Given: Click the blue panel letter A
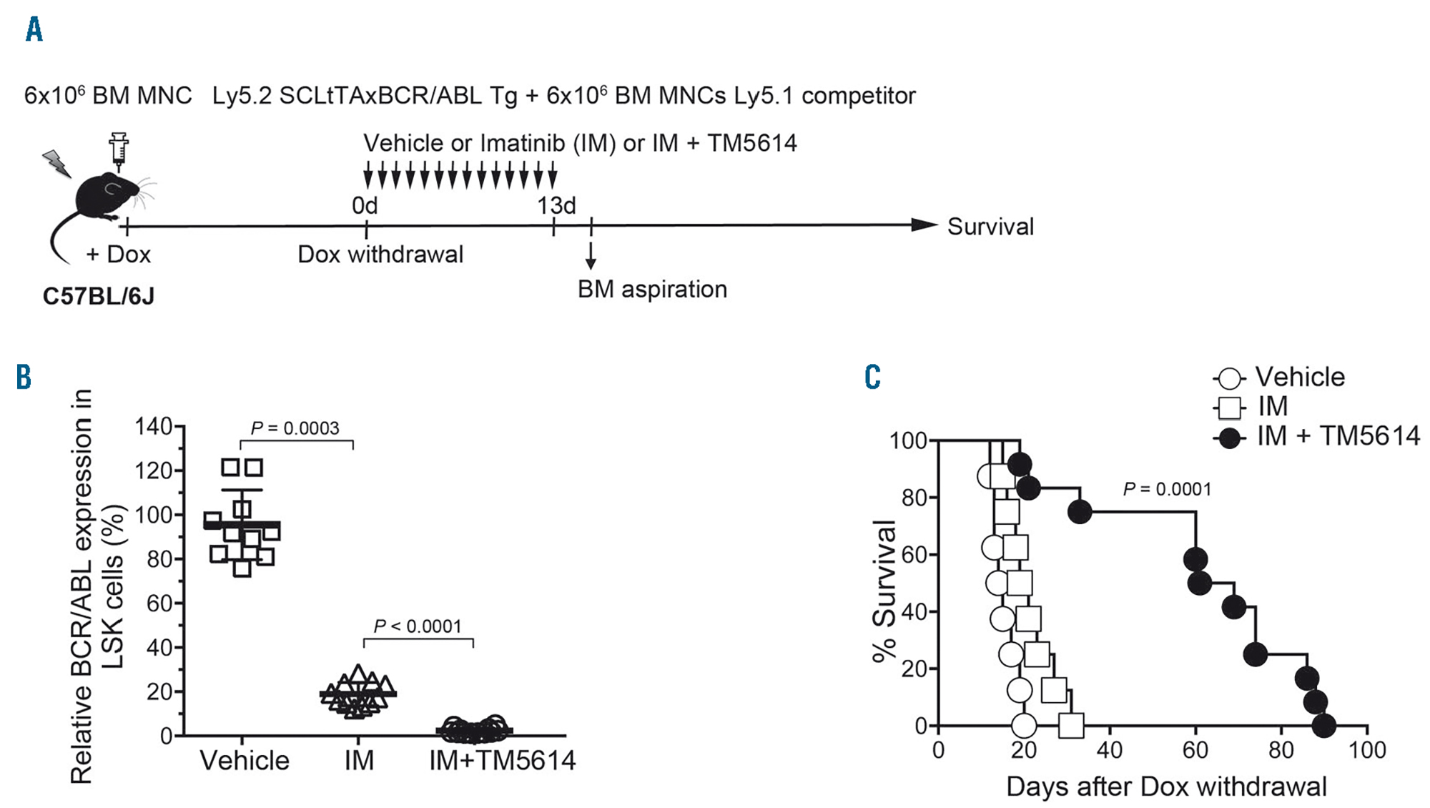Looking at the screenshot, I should click(x=34, y=30).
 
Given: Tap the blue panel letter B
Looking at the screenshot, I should click(x=24, y=377).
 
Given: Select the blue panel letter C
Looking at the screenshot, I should click(x=872, y=377).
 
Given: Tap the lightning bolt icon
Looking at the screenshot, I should click(x=57, y=163).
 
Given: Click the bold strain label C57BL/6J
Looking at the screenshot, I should click(x=99, y=296).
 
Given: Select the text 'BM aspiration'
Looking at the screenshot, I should click(x=652, y=289).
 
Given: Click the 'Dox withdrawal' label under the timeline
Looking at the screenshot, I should click(x=380, y=255).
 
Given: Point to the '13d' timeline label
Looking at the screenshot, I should click(x=556, y=206).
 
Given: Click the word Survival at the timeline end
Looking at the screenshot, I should click(x=990, y=227).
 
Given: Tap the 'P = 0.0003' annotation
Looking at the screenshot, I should click(x=295, y=428).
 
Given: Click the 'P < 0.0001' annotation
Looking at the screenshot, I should click(x=418, y=626).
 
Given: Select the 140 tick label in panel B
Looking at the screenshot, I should click(x=153, y=427).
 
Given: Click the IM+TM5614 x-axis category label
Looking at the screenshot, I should click(x=502, y=760).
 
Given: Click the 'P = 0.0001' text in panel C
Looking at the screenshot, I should click(x=1167, y=489).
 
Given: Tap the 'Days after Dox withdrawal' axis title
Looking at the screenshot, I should click(x=1166, y=787).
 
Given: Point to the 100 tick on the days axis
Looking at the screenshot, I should click(x=1367, y=749).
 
